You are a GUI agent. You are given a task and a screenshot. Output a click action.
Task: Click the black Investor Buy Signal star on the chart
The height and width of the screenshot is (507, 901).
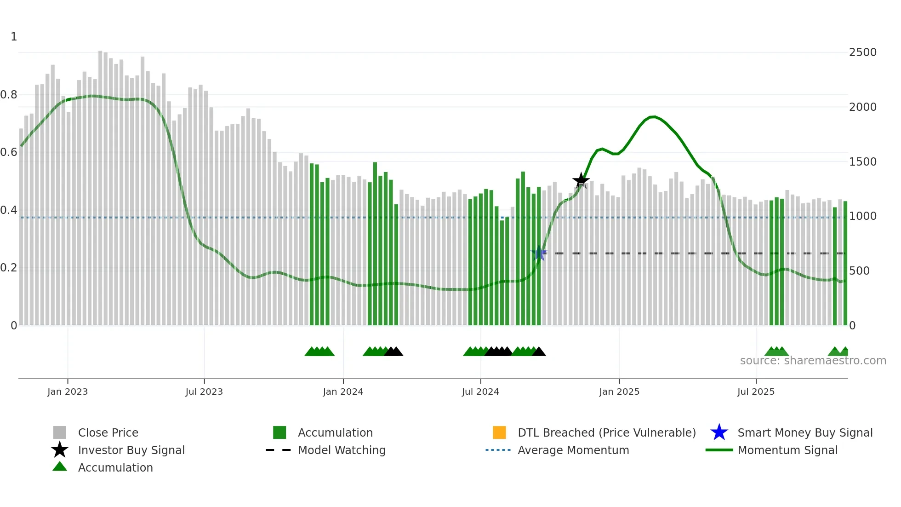click(x=581, y=180)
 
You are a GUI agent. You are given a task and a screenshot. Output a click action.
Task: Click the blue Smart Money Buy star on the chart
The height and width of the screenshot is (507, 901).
click(x=539, y=253)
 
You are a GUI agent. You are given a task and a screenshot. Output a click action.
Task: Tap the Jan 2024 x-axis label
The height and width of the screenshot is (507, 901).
click(x=343, y=392)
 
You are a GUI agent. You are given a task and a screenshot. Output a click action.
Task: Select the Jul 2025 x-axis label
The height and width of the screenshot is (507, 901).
click(x=756, y=392)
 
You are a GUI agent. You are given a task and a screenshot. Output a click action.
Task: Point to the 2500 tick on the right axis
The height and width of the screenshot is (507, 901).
click(x=862, y=52)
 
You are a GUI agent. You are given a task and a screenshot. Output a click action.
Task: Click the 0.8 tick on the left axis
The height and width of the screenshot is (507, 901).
click(x=9, y=95)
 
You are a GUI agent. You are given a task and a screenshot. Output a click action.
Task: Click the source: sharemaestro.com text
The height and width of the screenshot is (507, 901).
click(x=813, y=361)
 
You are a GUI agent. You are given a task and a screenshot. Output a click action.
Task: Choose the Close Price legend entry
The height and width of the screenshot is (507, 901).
click(x=108, y=432)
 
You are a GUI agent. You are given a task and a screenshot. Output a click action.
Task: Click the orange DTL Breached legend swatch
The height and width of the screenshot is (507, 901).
click(x=499, y=432)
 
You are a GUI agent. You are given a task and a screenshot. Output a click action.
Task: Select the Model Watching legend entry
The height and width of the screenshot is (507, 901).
click(x=341, y=450)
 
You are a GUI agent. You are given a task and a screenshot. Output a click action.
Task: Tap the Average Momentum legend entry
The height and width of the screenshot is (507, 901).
click(x=573, y=450)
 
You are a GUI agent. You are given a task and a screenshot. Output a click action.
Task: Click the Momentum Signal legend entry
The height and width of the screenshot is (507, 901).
click(x=787, y=450)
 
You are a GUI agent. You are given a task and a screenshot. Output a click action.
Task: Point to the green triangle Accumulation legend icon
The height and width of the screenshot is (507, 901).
click(x=60, y=467)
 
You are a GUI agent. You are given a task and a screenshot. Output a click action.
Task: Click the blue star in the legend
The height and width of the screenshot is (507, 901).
click(x=719, y=432)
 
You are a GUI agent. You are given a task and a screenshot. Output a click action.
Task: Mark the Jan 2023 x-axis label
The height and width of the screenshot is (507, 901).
click(x=68, y=392)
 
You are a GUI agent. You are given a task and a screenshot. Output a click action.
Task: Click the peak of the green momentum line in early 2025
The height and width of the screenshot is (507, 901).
click(x=653, y=117)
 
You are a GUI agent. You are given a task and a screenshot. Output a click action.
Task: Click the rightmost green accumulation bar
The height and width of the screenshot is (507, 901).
click(x=845, y=262)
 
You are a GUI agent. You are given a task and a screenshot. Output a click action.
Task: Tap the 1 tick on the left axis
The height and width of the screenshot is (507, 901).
click(x=14, y=37)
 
